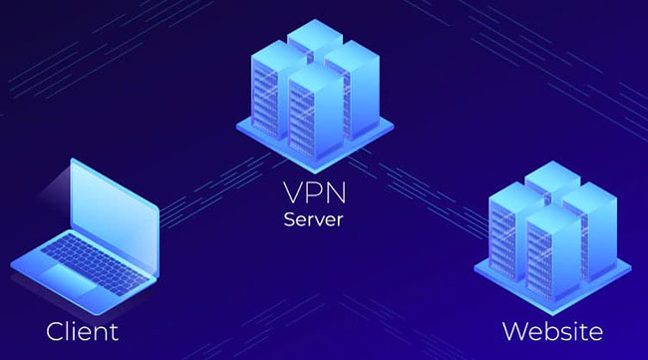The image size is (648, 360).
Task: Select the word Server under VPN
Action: tap(315, 218)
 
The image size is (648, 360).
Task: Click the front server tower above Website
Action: tap(547, 244)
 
